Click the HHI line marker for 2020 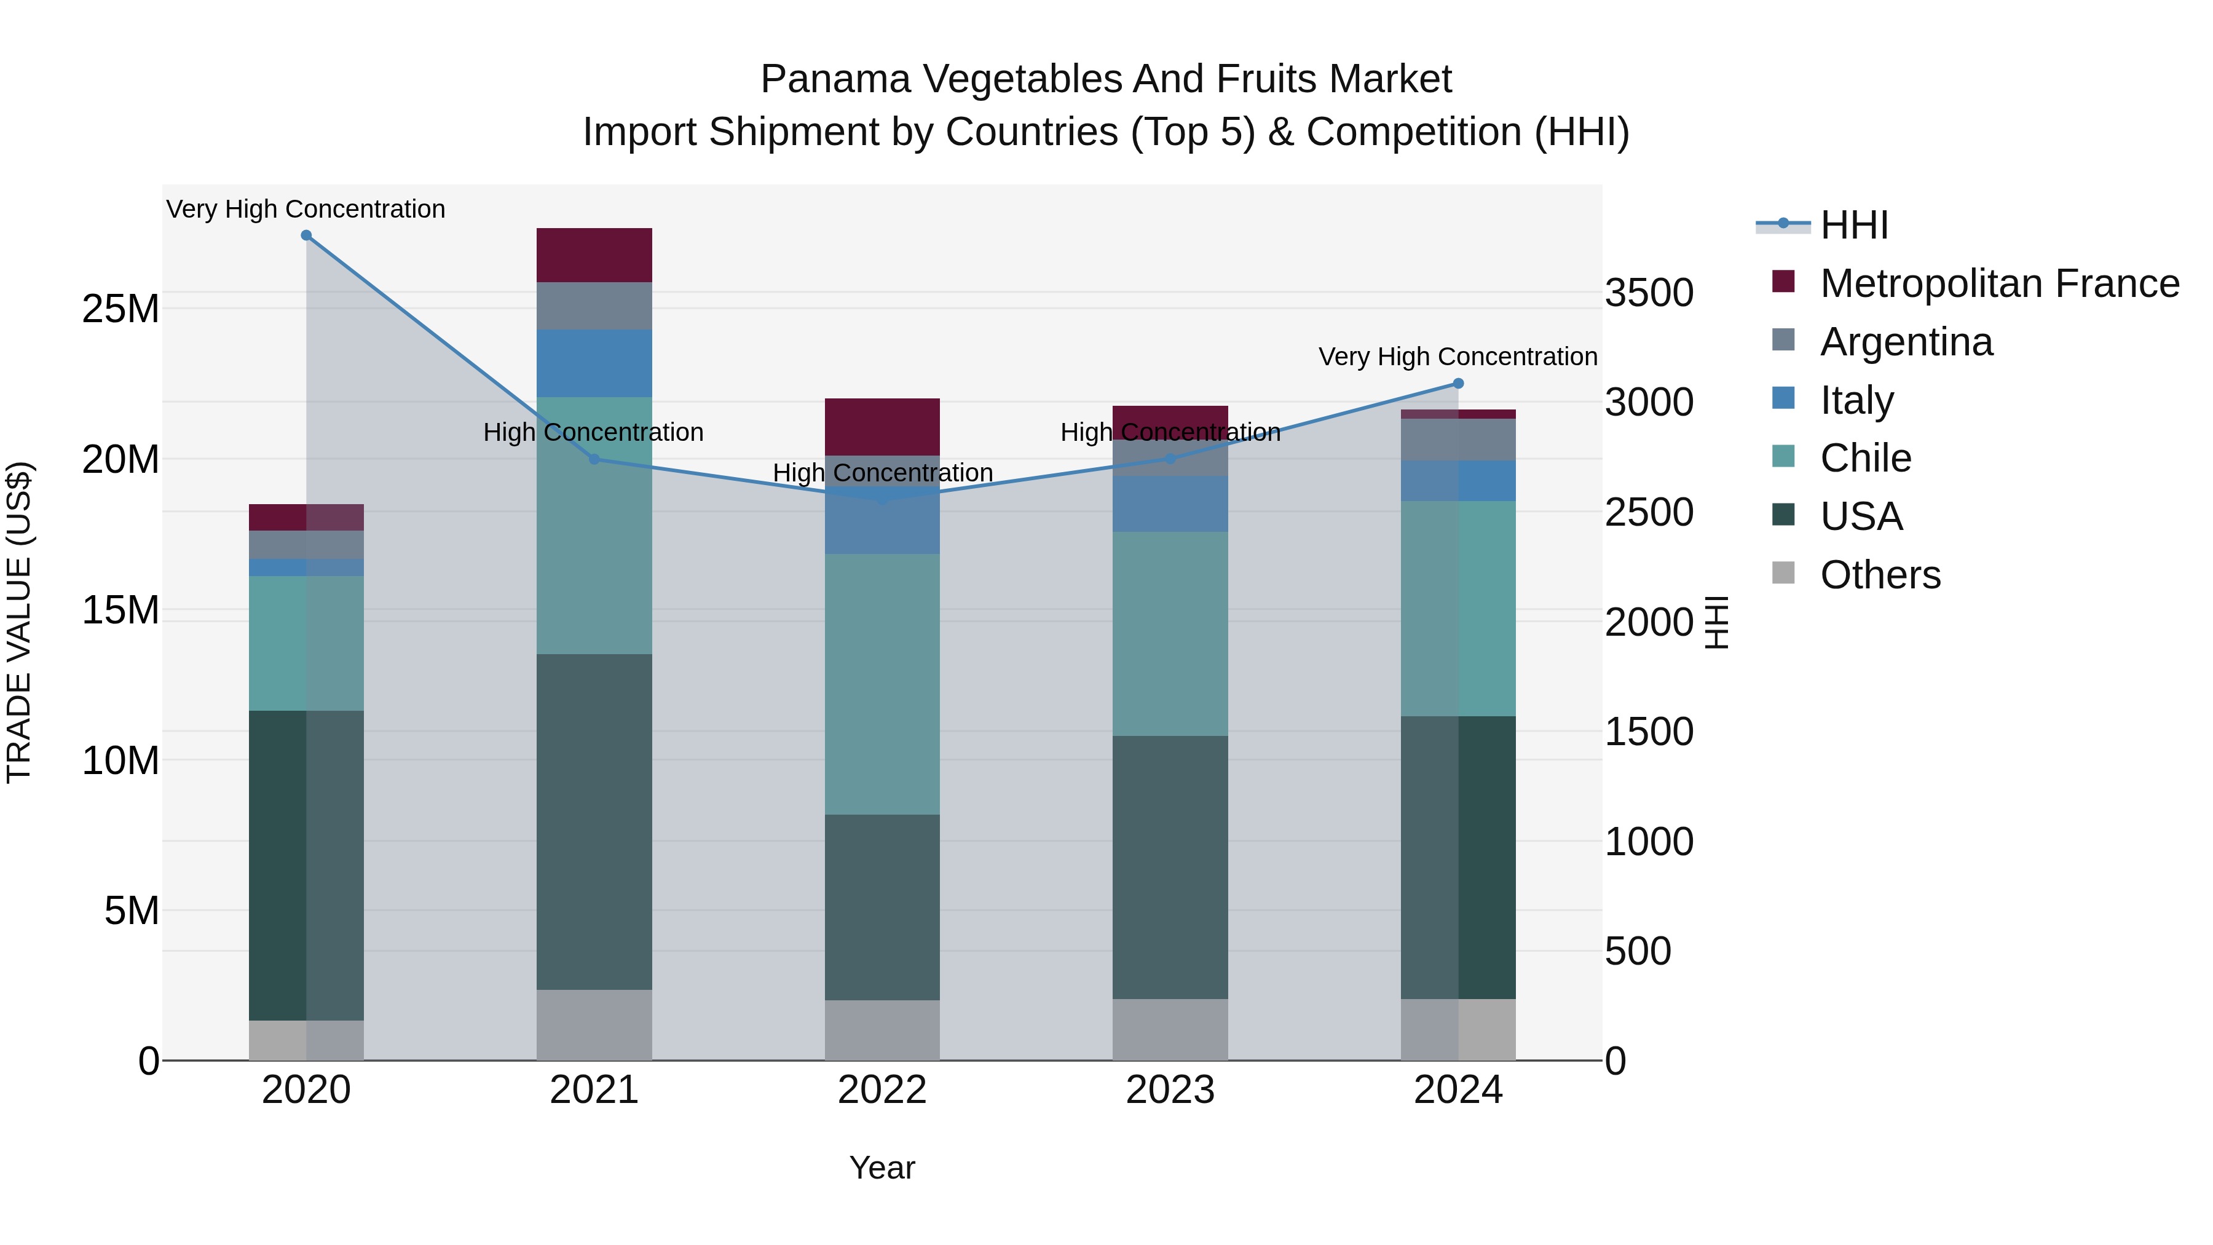point(306,235)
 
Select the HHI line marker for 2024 point(1458,383)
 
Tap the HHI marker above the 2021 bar point(594,459)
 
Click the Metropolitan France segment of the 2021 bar point(594,255)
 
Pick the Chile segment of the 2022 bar point(882,684)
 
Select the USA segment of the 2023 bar point(1169,866)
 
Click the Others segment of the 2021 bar point(594,1024)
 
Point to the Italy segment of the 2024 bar point(1458,480)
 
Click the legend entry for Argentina point(1906,342)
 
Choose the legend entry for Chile point(1865,458)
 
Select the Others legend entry point(1880,575)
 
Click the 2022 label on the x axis point(882,1090)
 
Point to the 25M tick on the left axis point(120,309)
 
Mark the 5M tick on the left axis point(132,911)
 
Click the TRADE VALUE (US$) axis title point(19,622)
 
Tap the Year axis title point(882,1168)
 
